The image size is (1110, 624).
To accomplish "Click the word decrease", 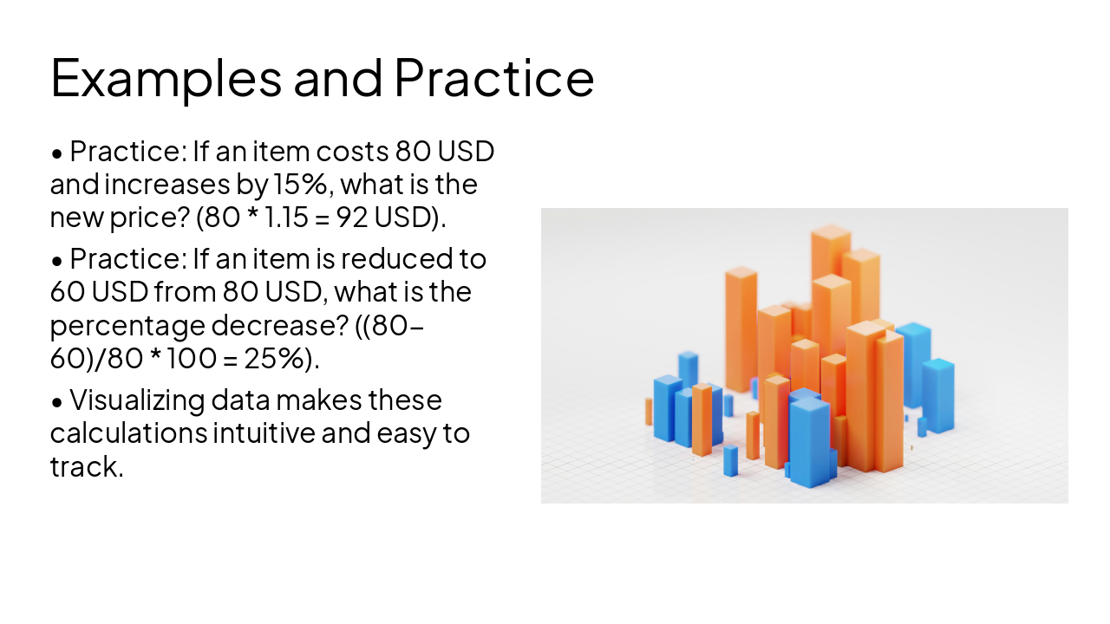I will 276,326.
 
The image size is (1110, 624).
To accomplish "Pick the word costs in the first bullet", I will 350,152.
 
